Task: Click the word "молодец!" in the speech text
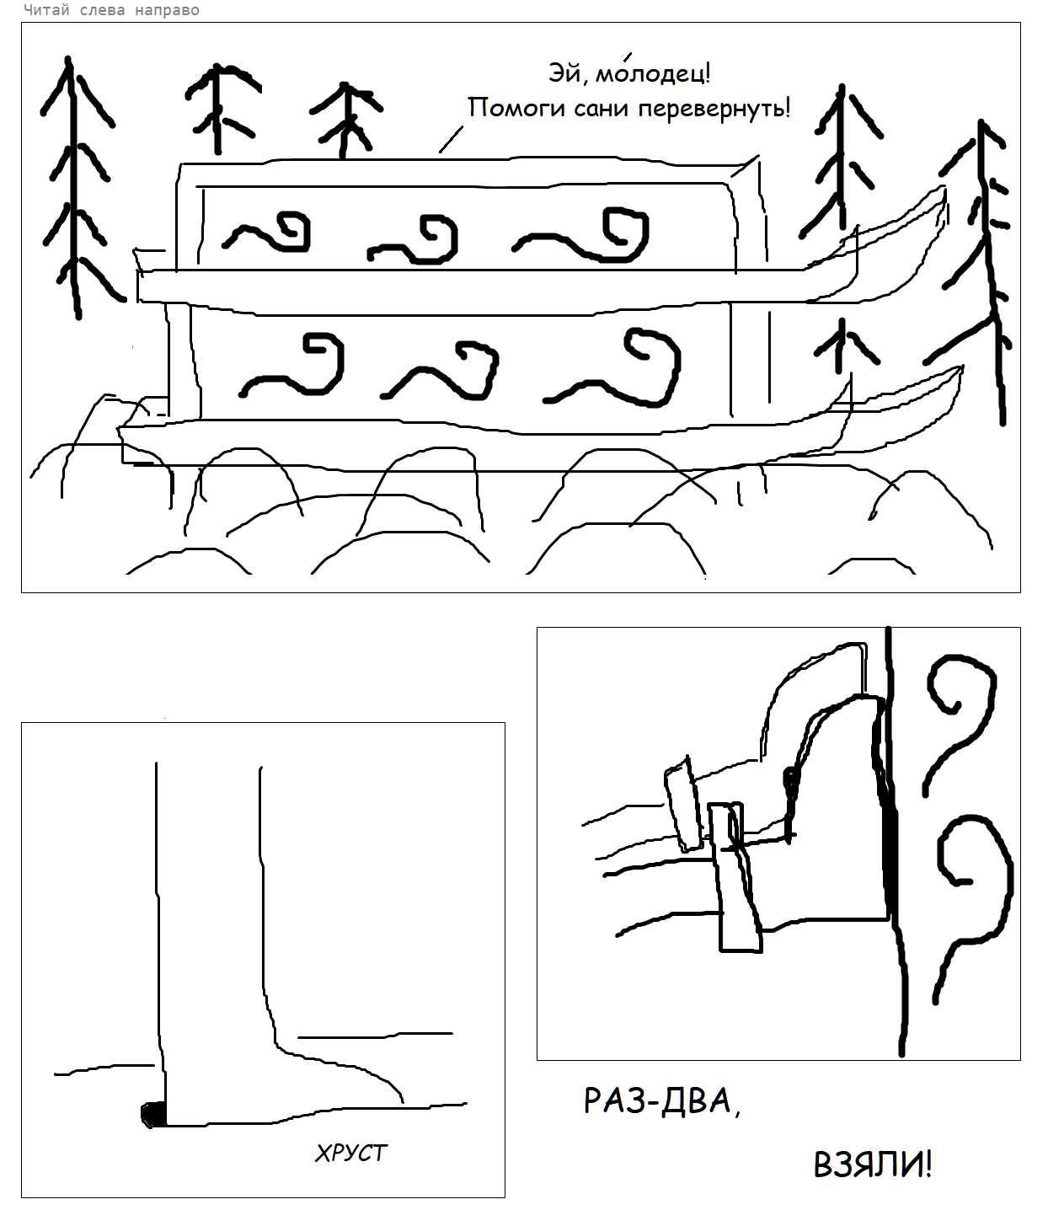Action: [x=652, y=73]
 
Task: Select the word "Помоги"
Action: [x=516, y=109]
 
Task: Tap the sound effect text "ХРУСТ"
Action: [x=350, y=1153]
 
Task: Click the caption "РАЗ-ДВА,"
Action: [x=662, y=1101]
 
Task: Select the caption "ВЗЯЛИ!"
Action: [x=873, y=1164]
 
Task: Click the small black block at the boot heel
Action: [x=153, y=1114]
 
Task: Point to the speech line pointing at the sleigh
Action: [x=451, y=139]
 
